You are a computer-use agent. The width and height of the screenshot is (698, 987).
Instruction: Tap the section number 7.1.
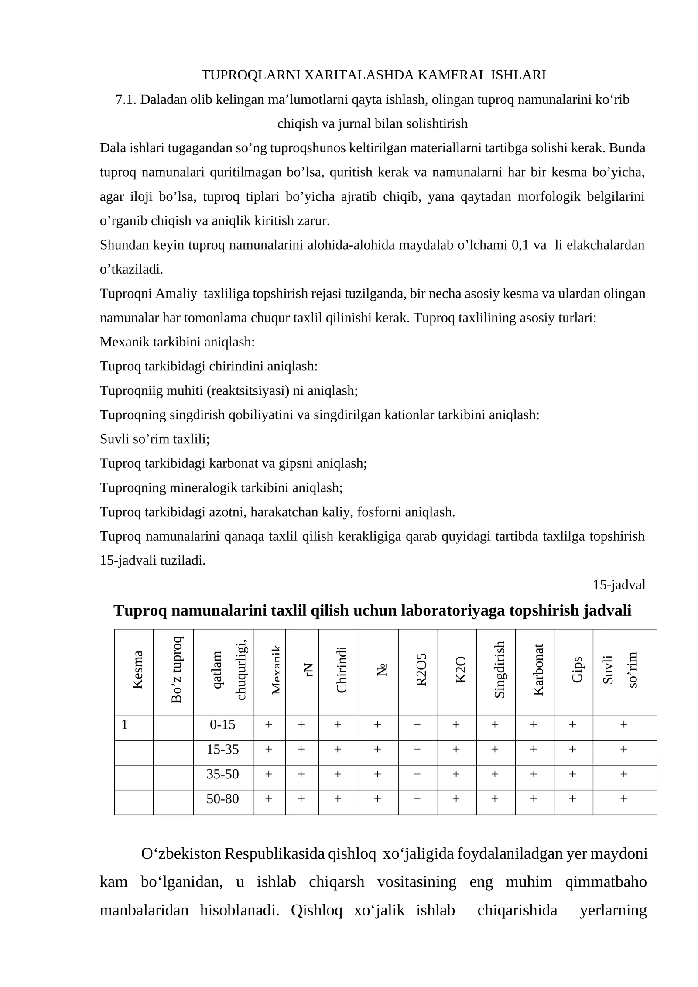126,100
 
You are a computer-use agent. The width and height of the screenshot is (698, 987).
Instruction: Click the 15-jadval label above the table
619,585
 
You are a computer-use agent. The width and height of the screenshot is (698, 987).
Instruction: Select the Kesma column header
137,670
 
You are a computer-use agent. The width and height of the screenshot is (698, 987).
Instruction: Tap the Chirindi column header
342,670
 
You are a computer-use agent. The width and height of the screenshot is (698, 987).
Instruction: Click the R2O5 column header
421,670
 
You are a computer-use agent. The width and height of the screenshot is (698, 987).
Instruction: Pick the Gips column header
577,670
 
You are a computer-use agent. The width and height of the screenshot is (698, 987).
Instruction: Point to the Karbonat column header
538,670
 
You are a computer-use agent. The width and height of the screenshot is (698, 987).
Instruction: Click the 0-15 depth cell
222,725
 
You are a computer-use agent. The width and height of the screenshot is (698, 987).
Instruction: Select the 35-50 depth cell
222,774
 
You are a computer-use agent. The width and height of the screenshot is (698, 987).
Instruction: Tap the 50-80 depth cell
222,799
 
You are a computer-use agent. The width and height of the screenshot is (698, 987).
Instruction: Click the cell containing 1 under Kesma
125,725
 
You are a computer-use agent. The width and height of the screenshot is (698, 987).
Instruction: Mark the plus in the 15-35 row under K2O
456,749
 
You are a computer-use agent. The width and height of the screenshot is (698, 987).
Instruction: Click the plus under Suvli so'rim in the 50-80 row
623,799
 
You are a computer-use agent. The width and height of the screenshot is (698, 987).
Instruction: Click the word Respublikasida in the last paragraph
274,853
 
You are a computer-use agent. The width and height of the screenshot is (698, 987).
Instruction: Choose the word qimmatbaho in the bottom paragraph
606,882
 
